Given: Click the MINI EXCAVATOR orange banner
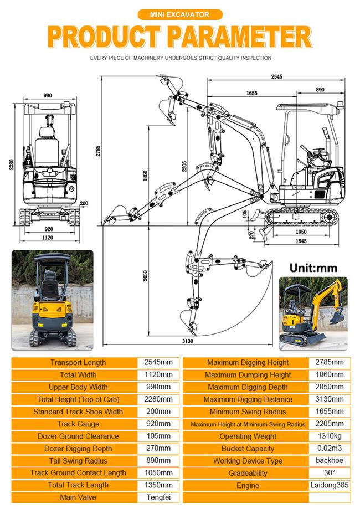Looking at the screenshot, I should click(179, 15).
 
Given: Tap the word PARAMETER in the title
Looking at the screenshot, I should click(239, 38).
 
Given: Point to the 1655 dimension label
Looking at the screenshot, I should click(252, 94).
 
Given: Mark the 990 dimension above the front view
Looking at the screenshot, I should click(48, 96).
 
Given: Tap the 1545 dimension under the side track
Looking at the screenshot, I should click(301, 241).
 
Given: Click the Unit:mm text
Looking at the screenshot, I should click(313, 268).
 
